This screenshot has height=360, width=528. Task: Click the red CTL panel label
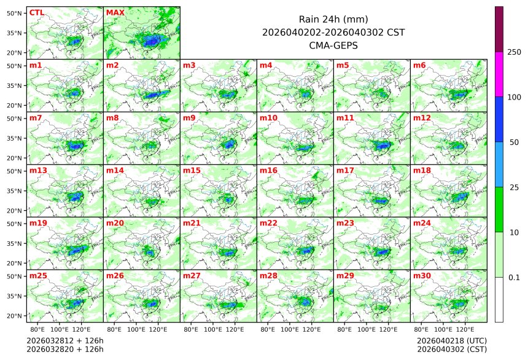tap(36, 12)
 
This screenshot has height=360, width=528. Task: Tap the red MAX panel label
tap(115, 12)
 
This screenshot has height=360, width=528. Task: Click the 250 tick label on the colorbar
tap(514, 52)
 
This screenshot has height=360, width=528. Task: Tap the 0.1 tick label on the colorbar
tap(514, 277)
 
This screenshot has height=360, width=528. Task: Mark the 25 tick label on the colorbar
tap(514, 187)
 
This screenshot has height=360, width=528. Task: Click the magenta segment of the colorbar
tap(499, 74)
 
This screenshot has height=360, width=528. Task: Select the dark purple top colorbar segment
tap(499, 29)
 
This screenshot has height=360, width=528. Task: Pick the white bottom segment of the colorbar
tap(499, 299)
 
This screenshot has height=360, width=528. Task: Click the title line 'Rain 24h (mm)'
tap(333, 19)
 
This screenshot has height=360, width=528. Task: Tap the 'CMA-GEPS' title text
tap(333, 45)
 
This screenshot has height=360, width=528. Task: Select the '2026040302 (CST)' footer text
tap(451, 349)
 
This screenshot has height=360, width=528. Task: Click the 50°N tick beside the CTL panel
tap(14, 13)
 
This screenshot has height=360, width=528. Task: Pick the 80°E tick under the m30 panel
tap(421, 329)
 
